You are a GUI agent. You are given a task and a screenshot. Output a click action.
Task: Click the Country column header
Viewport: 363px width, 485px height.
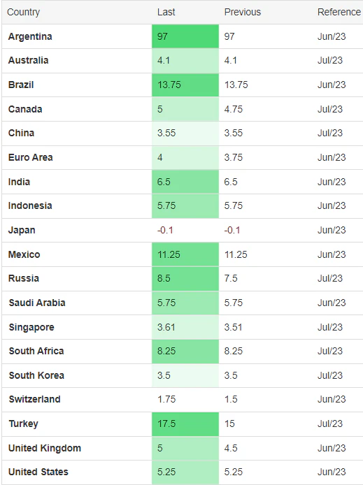click(23, 12)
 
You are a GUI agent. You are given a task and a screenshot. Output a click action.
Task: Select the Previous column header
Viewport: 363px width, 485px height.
click(242, 12)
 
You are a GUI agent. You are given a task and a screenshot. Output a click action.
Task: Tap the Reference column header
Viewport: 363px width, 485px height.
click(339, 12)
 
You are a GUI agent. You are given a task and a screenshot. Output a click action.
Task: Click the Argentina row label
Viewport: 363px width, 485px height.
click(30, 36)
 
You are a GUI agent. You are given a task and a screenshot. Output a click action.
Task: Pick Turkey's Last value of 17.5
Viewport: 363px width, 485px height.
click(166, 424)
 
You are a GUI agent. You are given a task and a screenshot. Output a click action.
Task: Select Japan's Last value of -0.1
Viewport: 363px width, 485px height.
click(165, 230)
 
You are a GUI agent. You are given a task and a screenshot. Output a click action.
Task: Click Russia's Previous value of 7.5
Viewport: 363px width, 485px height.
click(231, 278)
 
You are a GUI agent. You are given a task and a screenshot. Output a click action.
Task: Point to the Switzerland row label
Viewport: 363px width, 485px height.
click(34, 399)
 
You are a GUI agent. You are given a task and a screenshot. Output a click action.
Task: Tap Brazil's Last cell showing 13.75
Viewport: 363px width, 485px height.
click(169, 85)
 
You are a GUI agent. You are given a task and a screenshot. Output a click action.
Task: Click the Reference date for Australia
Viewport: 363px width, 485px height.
click(331, 61)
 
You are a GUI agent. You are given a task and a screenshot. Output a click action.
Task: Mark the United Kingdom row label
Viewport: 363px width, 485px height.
click(45, 448)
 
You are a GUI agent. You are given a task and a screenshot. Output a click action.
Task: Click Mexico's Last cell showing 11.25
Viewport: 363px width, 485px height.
click(169, 254)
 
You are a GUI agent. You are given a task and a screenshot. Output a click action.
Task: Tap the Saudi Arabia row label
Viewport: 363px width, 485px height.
click(37, 303)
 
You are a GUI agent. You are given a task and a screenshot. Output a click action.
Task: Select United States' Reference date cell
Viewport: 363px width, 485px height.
click(332, 472)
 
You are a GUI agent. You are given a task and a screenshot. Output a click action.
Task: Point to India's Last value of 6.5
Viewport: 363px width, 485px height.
click(164, 182)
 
